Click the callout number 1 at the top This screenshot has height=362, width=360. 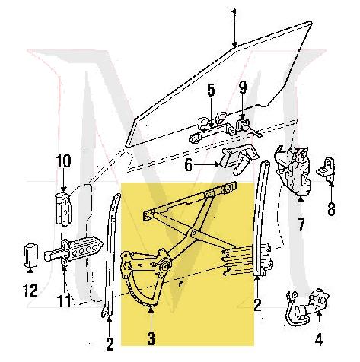(x=235, y=14)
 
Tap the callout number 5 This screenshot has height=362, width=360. (x=211, y=94)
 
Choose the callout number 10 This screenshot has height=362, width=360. (x=62, y=160)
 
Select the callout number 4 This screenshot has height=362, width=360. (x=319, y=339)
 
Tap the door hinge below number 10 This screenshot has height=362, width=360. (x=63, y=208)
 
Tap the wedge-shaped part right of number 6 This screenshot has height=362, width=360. (x=235, y=160)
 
